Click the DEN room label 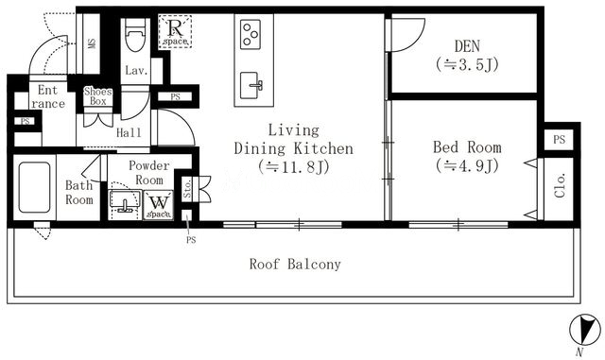point(467,46)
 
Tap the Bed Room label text point(467,147)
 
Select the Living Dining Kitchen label point(294,139)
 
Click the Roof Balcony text point(295,265)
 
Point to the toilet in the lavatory point(135,35)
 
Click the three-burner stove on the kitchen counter point(251,35)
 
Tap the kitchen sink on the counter point(251,85)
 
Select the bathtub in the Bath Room point(34,187)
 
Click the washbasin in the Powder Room point(124,201)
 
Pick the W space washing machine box point(159,205)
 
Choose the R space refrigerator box point(175,31)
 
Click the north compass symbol point(585,330)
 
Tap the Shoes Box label point(98,96)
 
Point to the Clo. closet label point(560,186)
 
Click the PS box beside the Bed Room point(559,139)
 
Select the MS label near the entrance point(92,43)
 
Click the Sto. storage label point(187,189)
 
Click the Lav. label point(136,71)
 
